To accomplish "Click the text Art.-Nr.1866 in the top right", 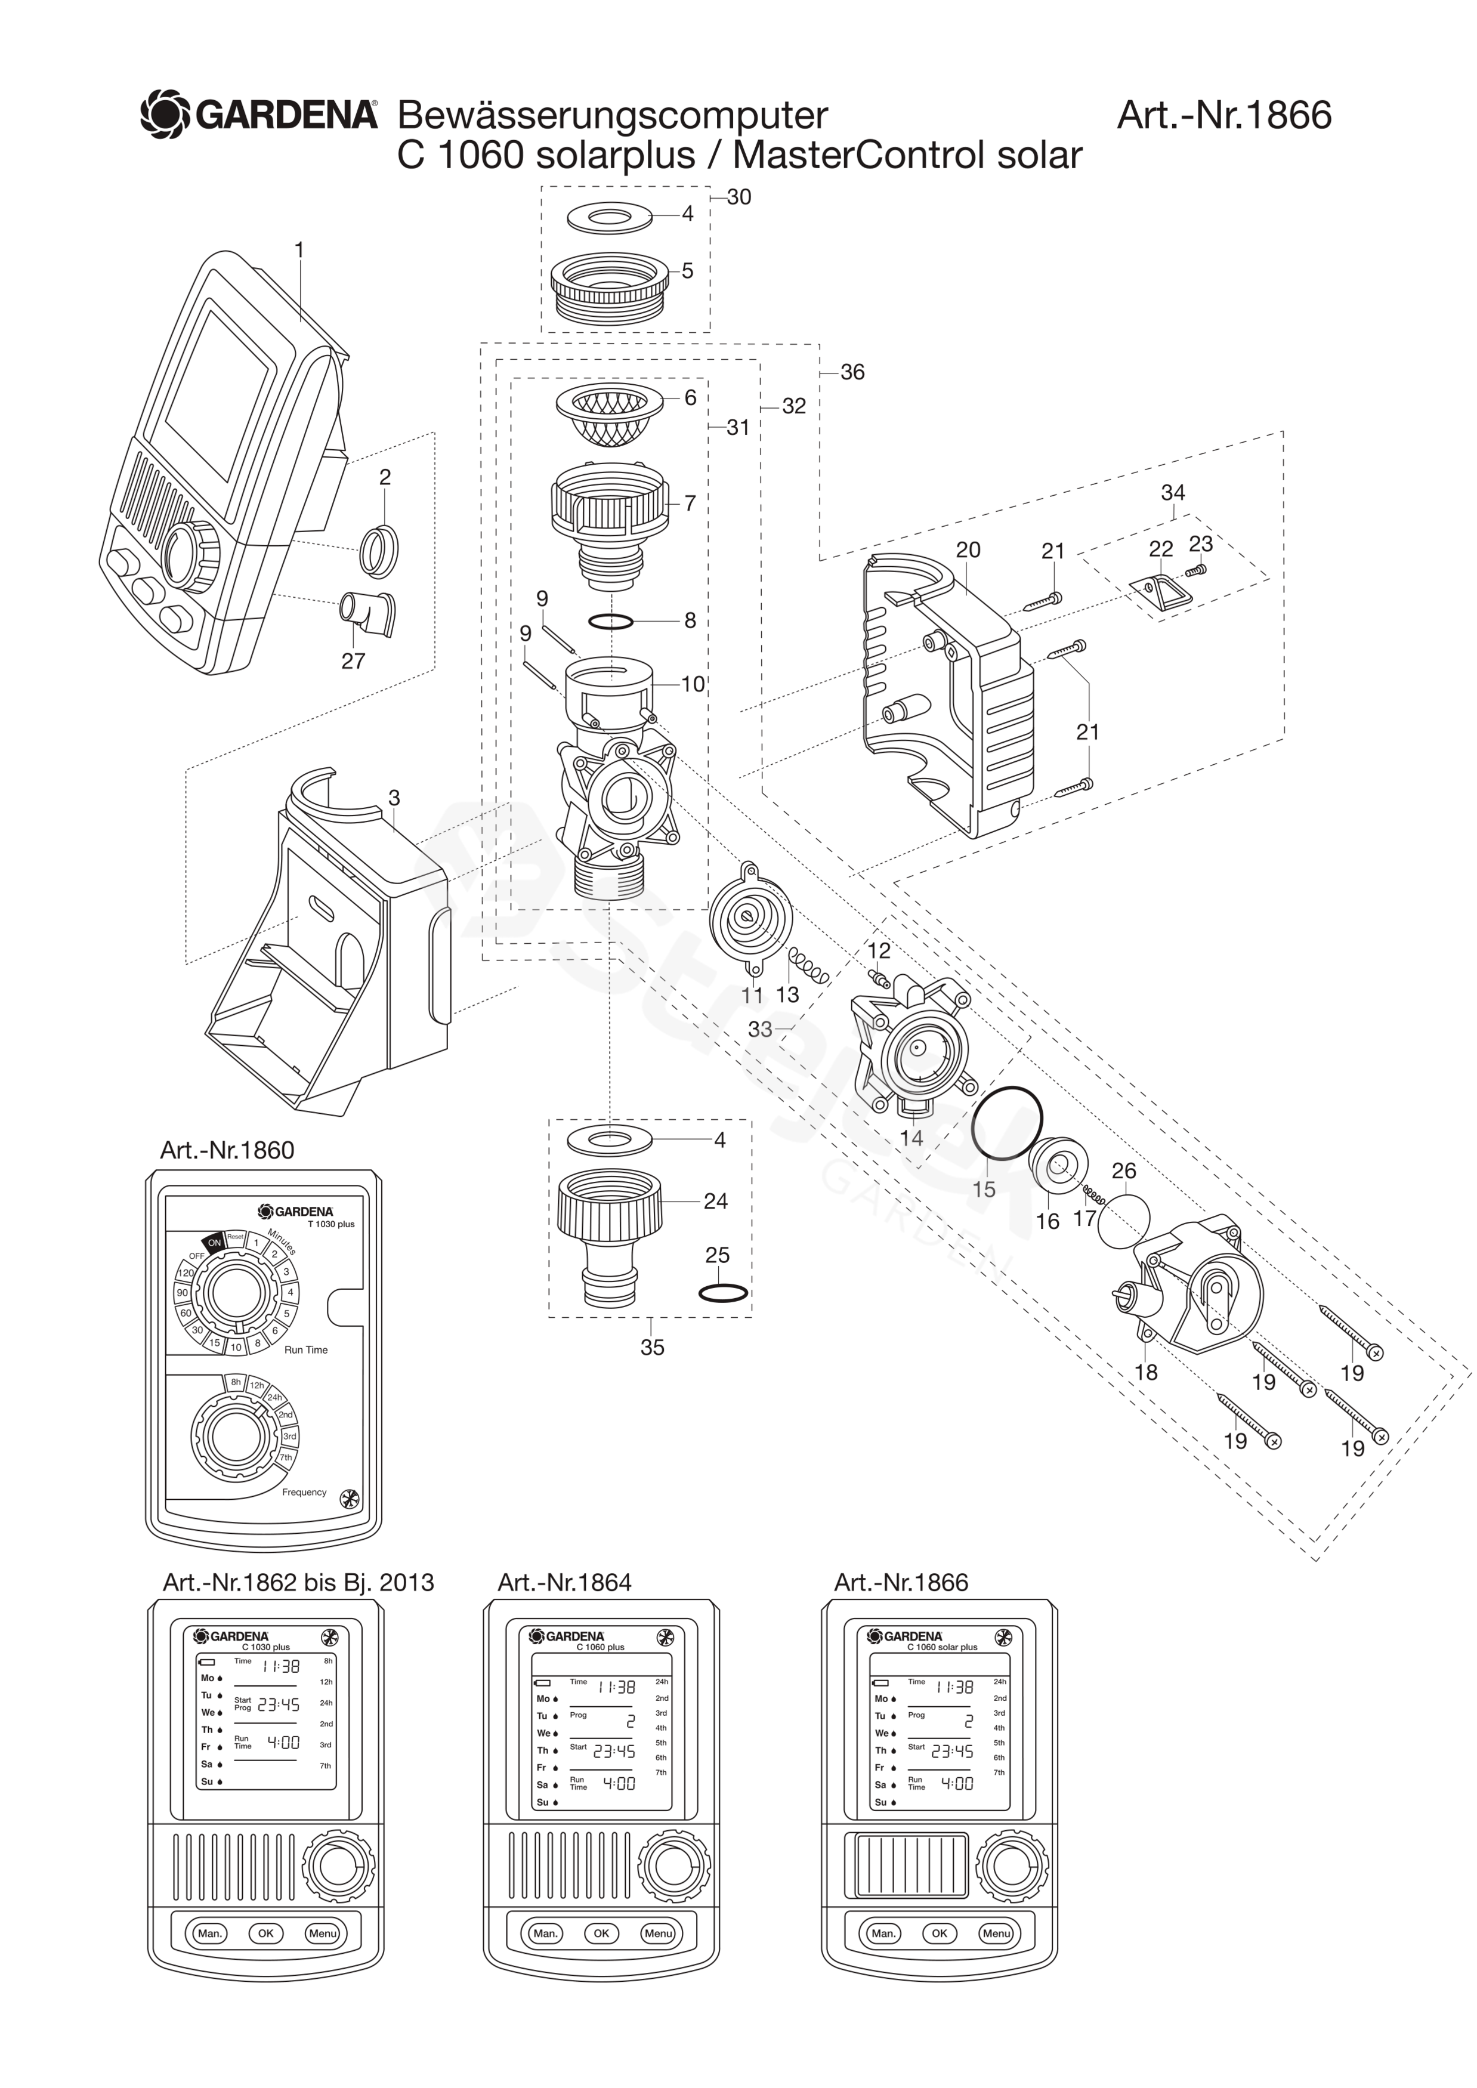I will (x=1223, y=116).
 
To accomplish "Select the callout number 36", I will (x=852, y=372).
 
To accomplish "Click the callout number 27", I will (x=353, y=661).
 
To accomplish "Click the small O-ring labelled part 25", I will (x=723, y=1293).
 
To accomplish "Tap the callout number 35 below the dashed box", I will (x=652, y=1347).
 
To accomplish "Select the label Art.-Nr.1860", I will (x=227, y=1150).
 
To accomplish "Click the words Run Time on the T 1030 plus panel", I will (x=305, y=1349).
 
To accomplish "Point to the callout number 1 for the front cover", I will (x=299, y=249).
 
